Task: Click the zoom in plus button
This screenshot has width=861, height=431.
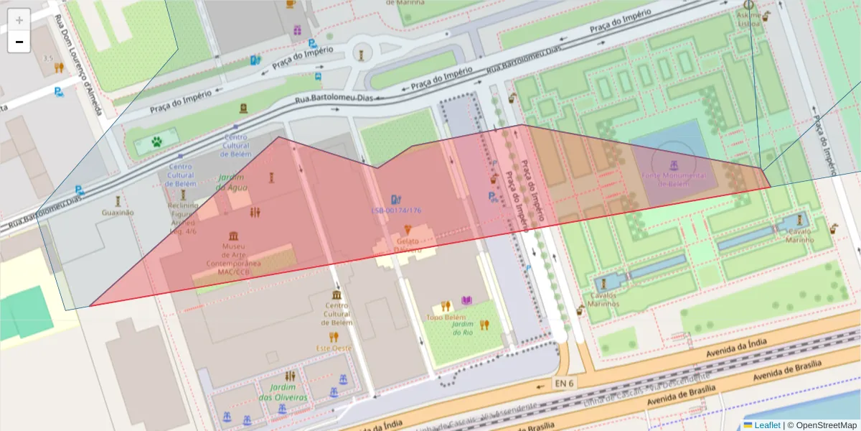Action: [x=19, y=20]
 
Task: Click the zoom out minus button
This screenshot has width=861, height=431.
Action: [x=19, y=42]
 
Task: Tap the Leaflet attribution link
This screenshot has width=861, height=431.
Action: [x=766, y=425]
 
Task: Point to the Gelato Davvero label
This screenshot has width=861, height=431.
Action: [x=407, y=246]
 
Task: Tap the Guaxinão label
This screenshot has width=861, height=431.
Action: [x=118, y=213]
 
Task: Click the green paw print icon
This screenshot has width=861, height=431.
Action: [x=156, y=142]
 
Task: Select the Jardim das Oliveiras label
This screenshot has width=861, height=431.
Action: [x=283, y=392]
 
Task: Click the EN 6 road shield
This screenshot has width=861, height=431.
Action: [x=564, y=384]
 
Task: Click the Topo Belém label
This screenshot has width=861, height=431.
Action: [x=446, y=317]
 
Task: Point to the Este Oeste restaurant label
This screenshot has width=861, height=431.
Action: [x=334, y=348]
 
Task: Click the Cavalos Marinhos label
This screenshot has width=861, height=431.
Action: [x=603, y=299]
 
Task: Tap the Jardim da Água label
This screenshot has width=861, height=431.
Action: [x=231, y=182]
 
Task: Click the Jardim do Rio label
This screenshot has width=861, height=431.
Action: [x=463, y=328]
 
